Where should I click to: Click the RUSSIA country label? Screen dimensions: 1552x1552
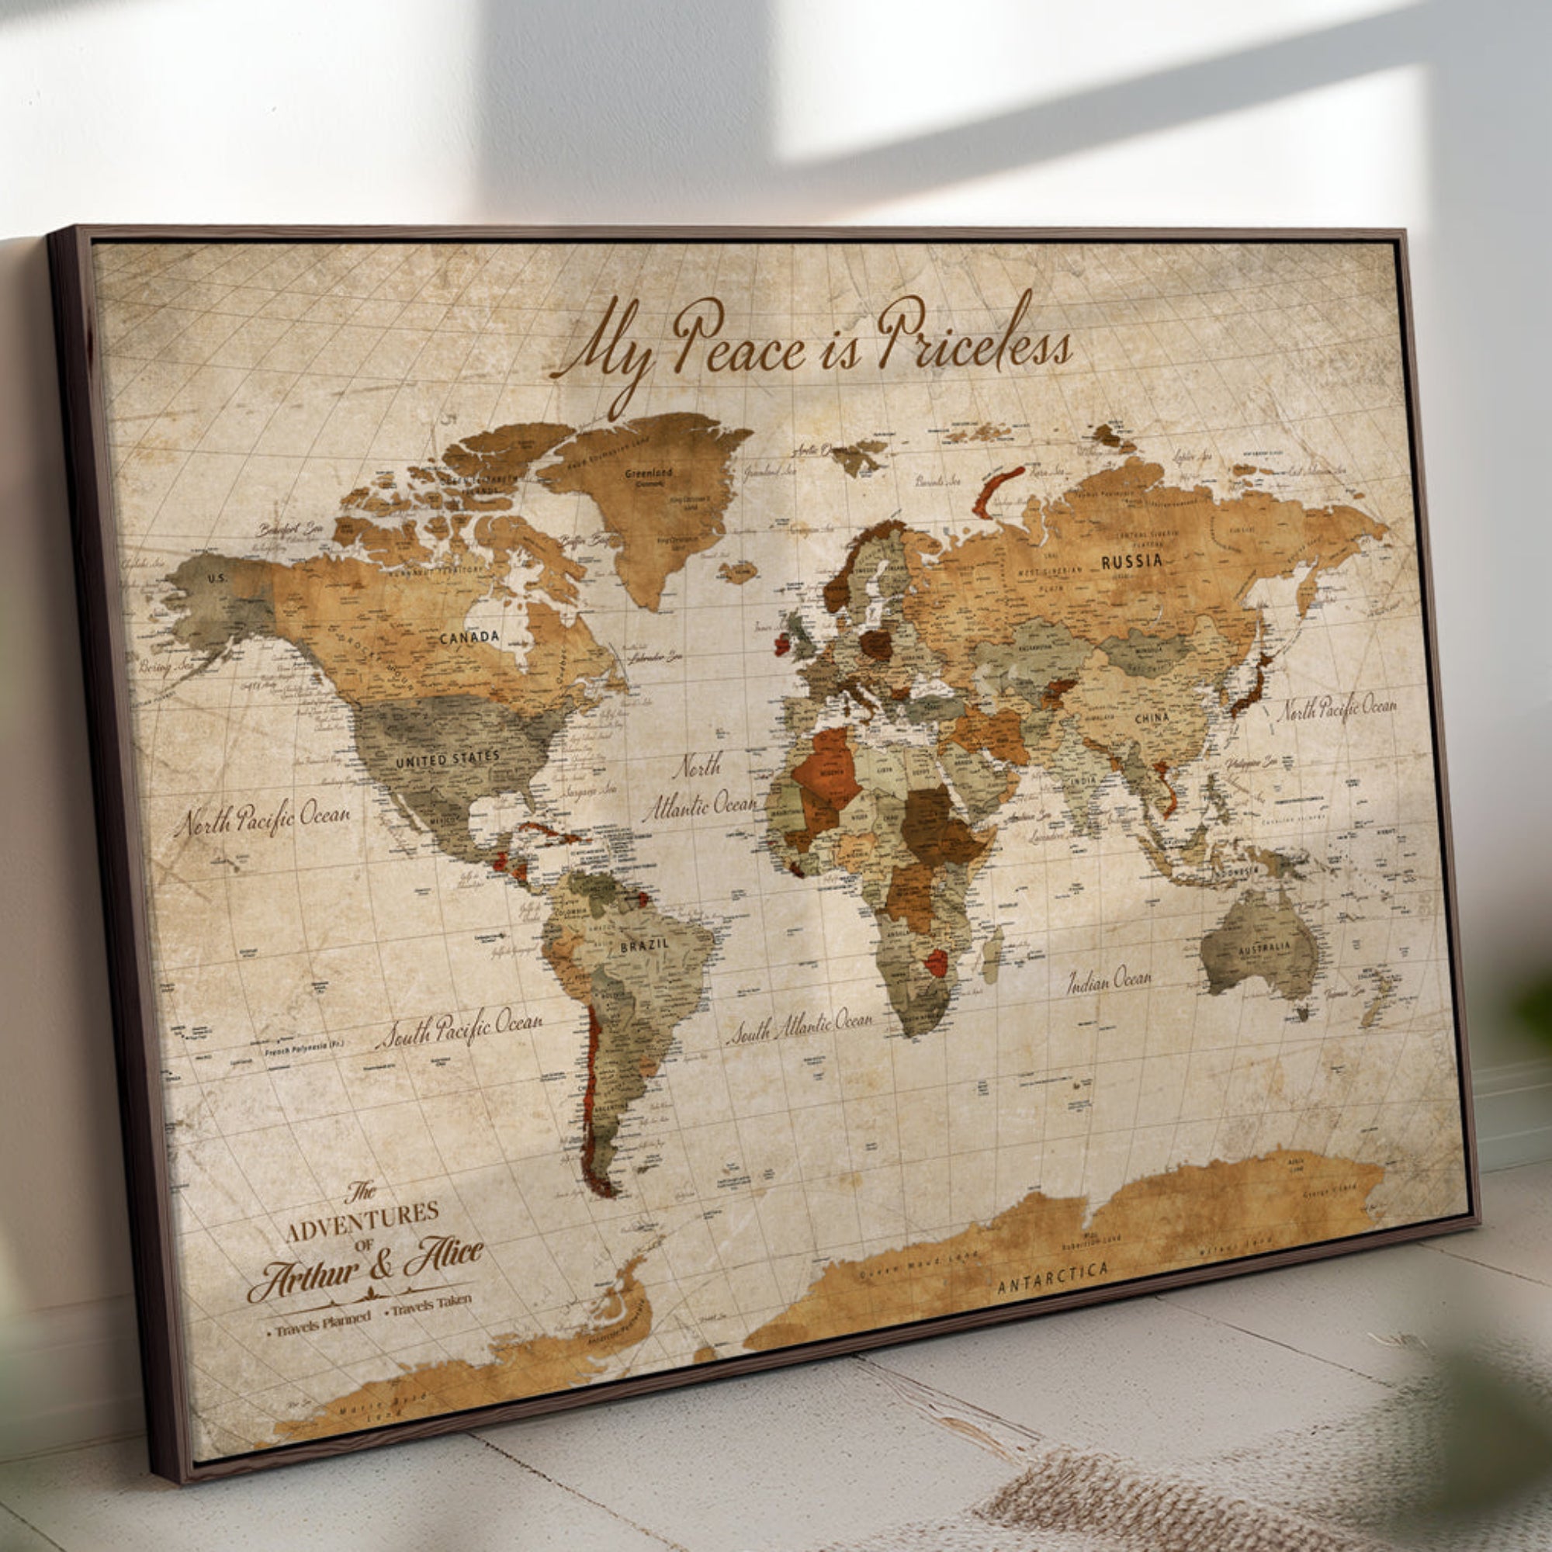pos(1131,562)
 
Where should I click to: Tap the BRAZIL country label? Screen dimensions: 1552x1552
pos(643,944)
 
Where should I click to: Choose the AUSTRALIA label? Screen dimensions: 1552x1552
pos(1263,949)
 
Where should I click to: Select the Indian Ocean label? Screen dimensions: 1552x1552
pos(1109,980)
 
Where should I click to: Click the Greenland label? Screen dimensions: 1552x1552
pos(648,473)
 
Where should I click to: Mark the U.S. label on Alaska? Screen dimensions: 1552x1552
pos(217,578)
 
